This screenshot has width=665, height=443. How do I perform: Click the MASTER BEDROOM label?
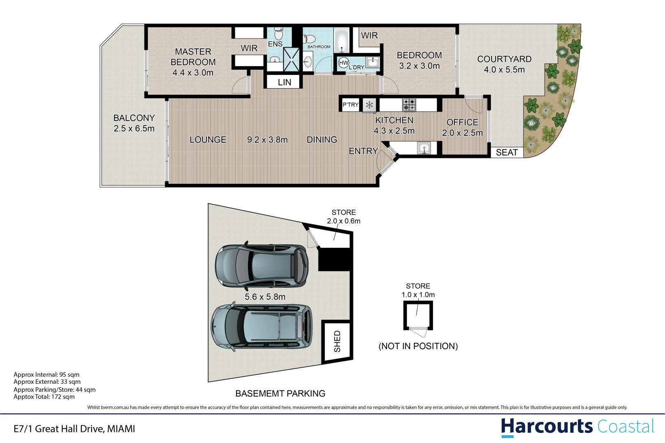193,57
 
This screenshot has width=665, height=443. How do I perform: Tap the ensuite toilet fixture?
279,31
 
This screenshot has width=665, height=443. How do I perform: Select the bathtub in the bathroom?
341,41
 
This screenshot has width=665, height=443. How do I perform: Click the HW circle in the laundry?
344,63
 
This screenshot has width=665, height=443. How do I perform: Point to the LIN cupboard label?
284,82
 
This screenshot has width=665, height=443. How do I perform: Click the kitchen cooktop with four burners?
409,105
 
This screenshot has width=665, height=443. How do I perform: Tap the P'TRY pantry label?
351,105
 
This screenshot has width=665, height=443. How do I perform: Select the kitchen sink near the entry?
424,148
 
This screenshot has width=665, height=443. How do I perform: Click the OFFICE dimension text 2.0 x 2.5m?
462,133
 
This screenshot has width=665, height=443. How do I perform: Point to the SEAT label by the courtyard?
507,153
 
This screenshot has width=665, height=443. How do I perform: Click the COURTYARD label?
504,59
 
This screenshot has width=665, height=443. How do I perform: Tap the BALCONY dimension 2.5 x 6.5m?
134,128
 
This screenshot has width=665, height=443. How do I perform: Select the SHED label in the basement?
337,341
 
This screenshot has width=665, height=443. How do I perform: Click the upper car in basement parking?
261,266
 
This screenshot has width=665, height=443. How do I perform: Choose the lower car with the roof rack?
261,327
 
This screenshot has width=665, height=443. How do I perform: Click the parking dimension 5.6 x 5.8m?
265,297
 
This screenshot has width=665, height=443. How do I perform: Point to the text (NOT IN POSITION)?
418,346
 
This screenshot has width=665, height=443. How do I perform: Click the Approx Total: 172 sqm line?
44,397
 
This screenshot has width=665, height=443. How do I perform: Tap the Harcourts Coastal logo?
577,427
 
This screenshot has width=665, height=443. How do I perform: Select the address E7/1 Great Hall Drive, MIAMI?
74,429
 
